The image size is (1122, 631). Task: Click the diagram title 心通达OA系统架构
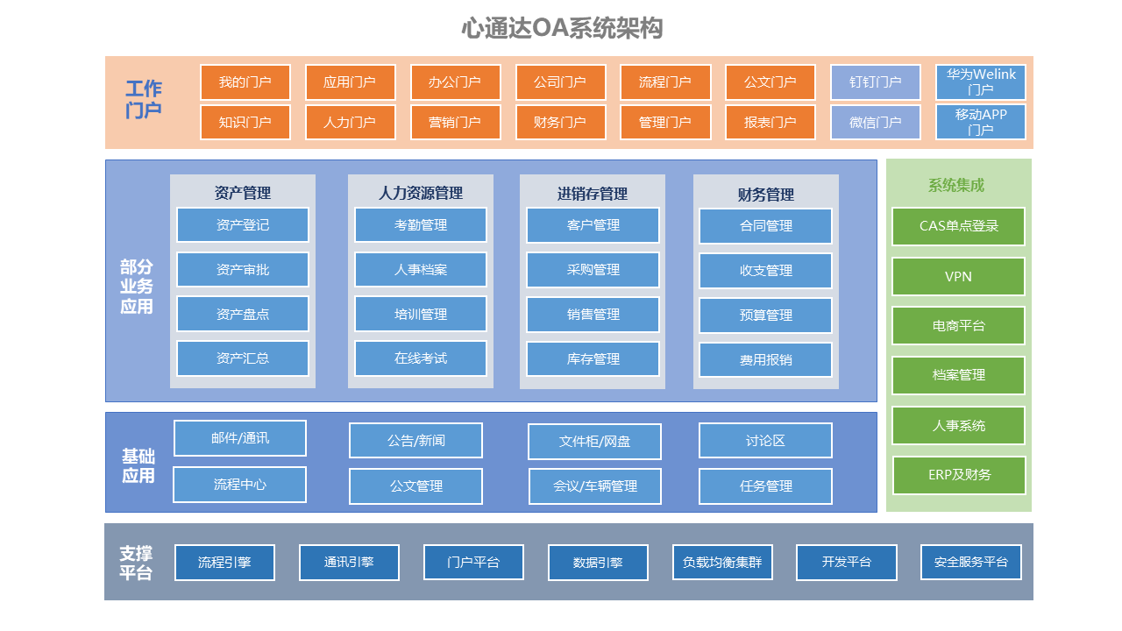tap(562, 28)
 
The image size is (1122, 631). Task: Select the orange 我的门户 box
tap(245, 82)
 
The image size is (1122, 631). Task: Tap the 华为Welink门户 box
tap(981, 82)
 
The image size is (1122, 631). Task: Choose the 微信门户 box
tap(876, 122)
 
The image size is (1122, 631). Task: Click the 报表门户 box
tap(770, 122)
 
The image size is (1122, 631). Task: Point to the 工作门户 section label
tap(144, 99)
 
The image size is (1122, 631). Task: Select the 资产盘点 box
tap(243, 314)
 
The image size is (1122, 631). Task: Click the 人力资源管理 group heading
tap(421, 193)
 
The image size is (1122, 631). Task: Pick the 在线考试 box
tap(421, 358)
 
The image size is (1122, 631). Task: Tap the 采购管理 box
tap(593, 270)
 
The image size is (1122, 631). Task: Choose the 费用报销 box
tap(766, 359)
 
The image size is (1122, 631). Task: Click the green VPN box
tap(959, 276)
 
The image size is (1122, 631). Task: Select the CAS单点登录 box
tap(959, 226)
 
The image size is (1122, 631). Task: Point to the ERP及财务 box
tap(959, 475)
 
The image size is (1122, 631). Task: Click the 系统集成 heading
tap(956, 185)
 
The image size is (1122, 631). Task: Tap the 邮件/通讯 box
tap(240, 438)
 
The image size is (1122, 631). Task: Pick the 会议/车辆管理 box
tap(595, 486)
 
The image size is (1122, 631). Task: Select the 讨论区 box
tap(766, 441)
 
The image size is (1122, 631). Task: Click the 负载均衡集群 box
tap(722, 563)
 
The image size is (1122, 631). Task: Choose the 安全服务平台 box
tap(971, 563)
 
